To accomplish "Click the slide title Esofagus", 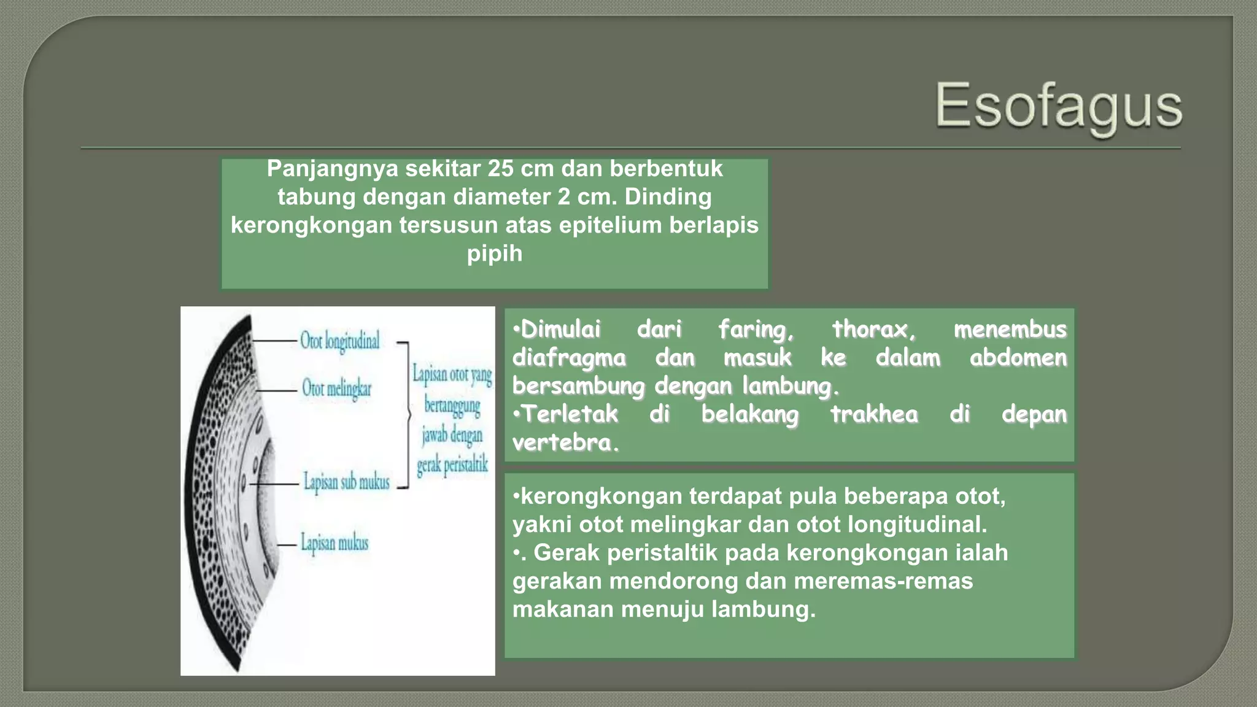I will (x=1058, y=106).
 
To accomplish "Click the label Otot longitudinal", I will (x=339, y=341).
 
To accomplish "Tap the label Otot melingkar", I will (x=336, y=388).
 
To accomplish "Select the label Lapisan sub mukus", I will (x=346, y=482).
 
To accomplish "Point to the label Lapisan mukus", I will (x=335, y=543).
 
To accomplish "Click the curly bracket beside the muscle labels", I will (x=407, y=415).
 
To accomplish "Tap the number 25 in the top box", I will (x=501, y=169).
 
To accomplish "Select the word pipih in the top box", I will (x=495, y=253).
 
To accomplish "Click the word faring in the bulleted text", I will (x=756, y=330).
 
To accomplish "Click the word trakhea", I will (x=874, y=415).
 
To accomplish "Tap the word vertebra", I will (x=565, y=443).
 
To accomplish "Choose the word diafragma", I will (x=569, y=358).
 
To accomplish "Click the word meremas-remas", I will (x=883, y=581).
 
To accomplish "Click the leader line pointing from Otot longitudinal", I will (x=274, y=341).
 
